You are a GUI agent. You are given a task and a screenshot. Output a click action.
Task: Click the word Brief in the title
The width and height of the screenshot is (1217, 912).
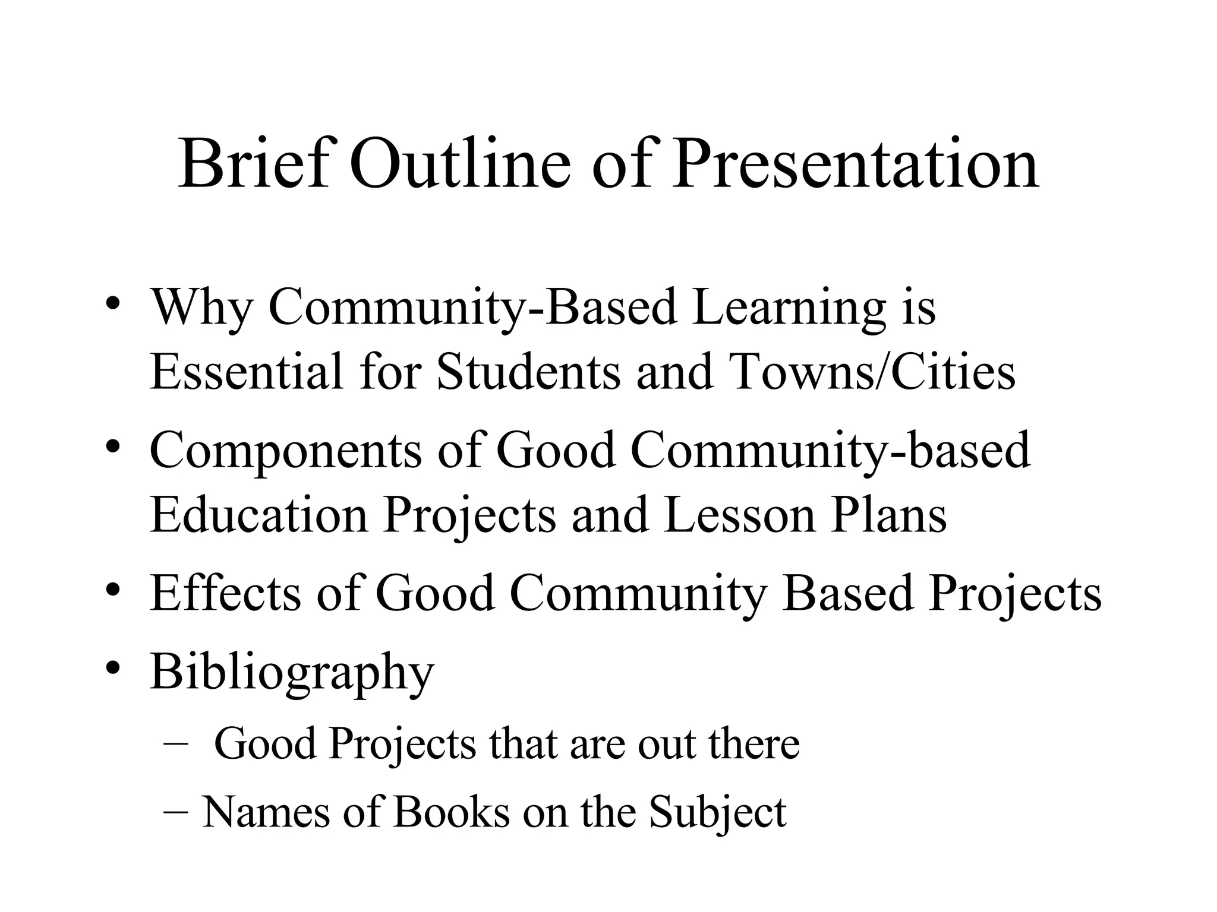[x=253, y=163]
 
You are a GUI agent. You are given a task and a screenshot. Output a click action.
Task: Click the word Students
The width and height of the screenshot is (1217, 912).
[x=528, y=372]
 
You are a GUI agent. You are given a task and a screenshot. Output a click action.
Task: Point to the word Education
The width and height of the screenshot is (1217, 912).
[x=259, y=515]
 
